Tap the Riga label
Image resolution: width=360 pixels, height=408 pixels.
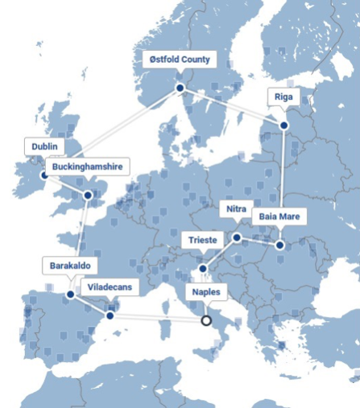[x=284, y=97]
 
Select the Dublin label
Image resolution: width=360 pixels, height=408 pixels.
[x=45, y=146]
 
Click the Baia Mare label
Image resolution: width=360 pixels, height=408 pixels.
[x=279, y=217]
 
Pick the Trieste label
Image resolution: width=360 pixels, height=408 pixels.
[x=202, y=240]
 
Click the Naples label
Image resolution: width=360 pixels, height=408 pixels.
[x=205, y=292]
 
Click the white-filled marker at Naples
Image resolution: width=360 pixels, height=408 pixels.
[x=206, y=320]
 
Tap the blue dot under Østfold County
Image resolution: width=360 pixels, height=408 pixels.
[x=180, y=88]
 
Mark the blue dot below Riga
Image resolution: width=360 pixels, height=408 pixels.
[x=283, y=124]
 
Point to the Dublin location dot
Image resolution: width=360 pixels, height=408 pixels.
[x=44, y=173]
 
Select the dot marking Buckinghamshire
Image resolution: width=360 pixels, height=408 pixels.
[x=88, y=195]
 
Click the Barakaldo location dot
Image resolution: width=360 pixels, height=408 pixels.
[x=70, y=294]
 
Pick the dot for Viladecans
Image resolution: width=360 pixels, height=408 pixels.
[x=110, y=315]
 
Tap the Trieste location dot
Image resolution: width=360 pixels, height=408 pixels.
[x=203, y=268]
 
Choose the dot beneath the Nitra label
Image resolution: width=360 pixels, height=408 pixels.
[x=237, y=237]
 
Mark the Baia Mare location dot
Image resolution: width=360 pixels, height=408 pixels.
[x=280, y=245]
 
